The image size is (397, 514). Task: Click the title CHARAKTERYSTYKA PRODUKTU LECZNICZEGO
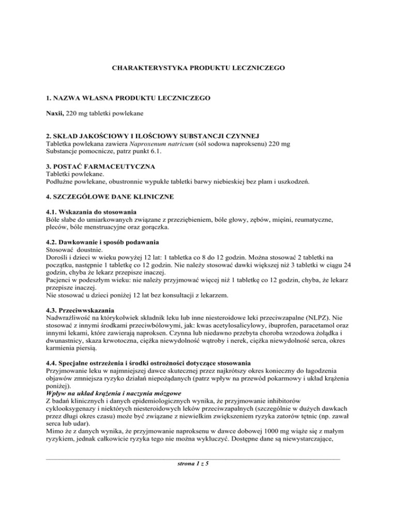coord(198,67)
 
